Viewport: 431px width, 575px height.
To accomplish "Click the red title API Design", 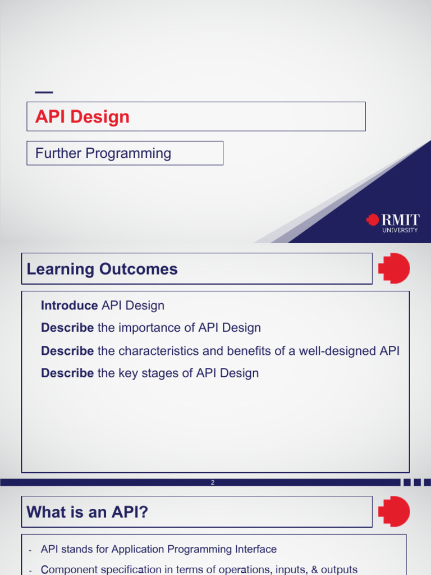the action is (82, 117).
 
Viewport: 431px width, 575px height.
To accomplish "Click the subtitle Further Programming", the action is (103, 153).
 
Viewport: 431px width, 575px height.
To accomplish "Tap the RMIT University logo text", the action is (400, 223).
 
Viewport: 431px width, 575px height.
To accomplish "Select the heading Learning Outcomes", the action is (102, 269).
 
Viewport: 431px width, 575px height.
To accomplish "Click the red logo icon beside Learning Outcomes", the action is (394, 268).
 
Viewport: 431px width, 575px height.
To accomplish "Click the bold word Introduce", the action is (69, 305).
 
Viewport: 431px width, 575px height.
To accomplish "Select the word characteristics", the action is (159, 351).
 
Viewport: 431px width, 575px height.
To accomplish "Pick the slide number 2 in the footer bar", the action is (213, 482).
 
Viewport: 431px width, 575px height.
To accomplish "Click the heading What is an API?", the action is (87, 512).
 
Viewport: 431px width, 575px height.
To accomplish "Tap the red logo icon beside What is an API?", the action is (394, 511).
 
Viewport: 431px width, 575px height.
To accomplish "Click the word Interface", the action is (256, 549).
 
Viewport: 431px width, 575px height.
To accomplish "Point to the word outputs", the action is (339, 569).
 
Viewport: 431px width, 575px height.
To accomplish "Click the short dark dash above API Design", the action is (44, 93).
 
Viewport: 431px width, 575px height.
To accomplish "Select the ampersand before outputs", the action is (314, 569).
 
